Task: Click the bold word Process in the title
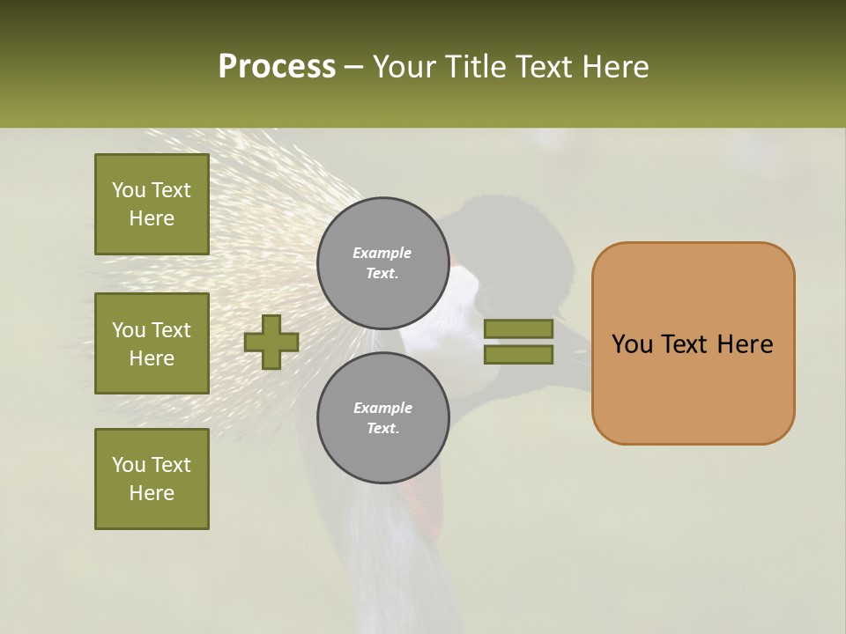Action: tap(277, 67)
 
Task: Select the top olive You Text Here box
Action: tap(152, 204)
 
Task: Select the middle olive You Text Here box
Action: tap(152, 343)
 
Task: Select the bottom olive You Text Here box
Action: tap(152, 478)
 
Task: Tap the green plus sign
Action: tap(271, 342)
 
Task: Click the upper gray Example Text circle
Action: tap(383, 262)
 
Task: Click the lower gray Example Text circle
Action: tap(383, 417)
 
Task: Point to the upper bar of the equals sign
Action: tap(519, 328)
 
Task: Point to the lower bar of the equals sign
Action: tap(519, 355)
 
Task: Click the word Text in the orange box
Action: tap(686, 344)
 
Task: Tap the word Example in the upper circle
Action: tap(382, 253)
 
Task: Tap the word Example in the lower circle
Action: tap(382, 408)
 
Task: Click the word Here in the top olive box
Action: tap(152, 218)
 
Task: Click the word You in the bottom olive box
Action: tap(129, 464)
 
